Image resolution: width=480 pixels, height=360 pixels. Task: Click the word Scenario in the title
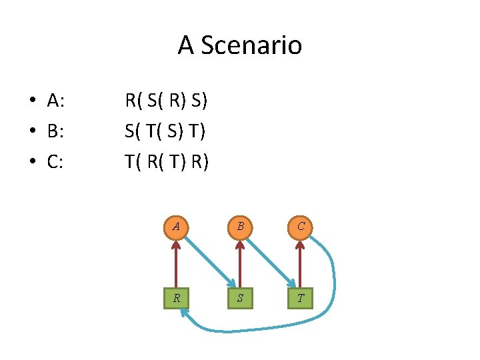click(251, 45)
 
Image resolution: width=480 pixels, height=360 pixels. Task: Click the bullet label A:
click(55, 101)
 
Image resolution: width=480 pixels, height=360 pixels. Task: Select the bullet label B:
click(55, 131)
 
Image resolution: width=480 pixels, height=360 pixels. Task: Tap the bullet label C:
click(55, 161)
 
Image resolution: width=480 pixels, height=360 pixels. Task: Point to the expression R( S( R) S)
click(167, 101)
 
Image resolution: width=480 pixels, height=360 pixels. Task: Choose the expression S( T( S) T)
click(165, 131)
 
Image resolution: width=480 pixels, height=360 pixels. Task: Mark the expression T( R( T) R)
click(167, 161)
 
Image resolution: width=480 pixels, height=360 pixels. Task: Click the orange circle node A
click(176, 227)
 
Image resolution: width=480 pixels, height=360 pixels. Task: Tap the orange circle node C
click(301, 227)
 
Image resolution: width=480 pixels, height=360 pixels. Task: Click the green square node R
click(176, 298)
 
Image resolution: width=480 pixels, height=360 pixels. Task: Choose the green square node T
click(301, 298)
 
